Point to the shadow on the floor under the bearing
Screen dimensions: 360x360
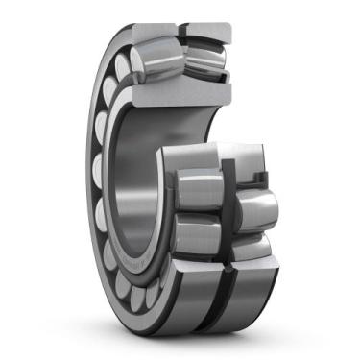[x=192, y=342]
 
